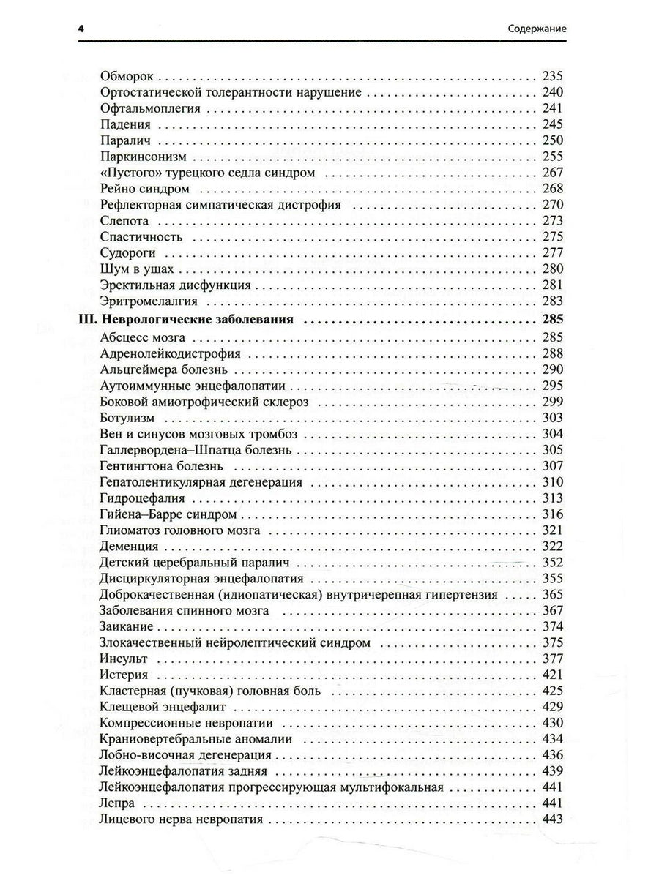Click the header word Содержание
coord(539,29)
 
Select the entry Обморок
coord(127,75)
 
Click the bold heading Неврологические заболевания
coord(197,319)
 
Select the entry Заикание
coord(125,626)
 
